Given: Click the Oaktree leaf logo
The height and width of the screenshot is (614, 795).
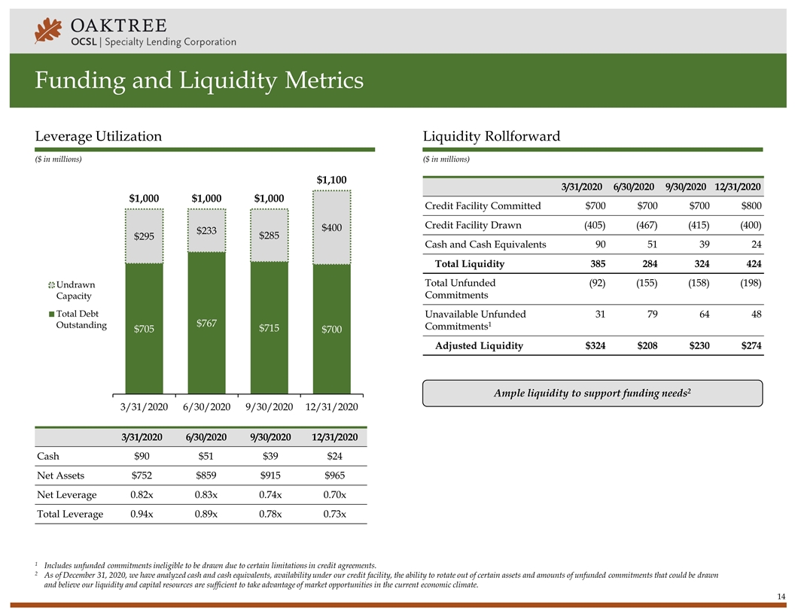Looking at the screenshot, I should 48,32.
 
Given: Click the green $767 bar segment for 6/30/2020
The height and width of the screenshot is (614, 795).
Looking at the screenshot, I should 207,322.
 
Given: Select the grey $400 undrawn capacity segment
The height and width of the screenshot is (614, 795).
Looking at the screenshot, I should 332,227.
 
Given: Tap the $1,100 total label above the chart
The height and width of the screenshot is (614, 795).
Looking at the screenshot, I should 332,180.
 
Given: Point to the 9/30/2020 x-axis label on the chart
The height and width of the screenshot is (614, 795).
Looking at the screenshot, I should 269,406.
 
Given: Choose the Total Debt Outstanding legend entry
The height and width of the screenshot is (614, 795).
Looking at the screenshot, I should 78,320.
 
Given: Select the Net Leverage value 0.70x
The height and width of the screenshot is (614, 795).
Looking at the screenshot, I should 331,495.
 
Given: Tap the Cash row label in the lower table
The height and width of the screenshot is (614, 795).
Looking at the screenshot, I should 47,456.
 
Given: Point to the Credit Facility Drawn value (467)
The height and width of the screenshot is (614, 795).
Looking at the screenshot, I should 642,225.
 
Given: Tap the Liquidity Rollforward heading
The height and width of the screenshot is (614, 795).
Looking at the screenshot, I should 491,136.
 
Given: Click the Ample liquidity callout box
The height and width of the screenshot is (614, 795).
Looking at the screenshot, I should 592,394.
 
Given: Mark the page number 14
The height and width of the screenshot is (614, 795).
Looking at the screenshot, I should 781,597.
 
